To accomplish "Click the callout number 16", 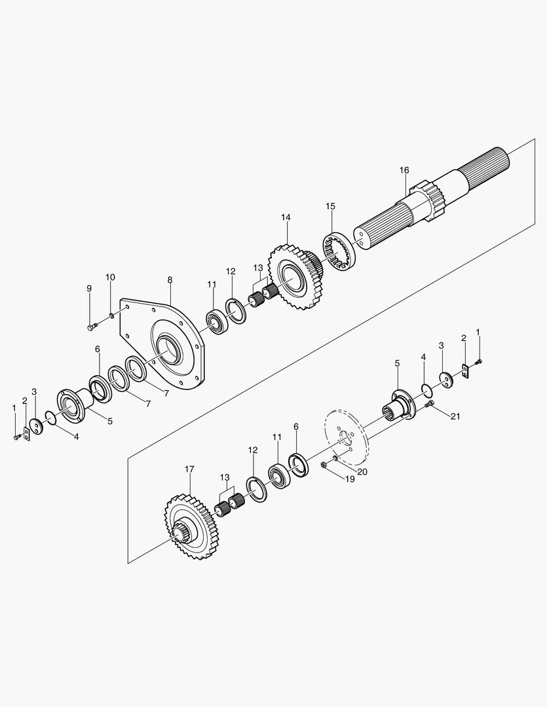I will coord(404,170).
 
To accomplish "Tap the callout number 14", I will coord(286,217).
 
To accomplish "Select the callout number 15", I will coord(330,206).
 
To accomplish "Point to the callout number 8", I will coord(170,280).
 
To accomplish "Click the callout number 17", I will coord(189,469).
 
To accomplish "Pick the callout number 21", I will coord(455,417).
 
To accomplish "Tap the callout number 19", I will coord(349,479).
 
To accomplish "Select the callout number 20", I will coord(362,470).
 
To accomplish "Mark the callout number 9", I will coord(89,288).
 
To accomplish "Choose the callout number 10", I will coord(110,277).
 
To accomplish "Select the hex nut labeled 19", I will coord(324,464).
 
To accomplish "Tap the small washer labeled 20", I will coord(335,458).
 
